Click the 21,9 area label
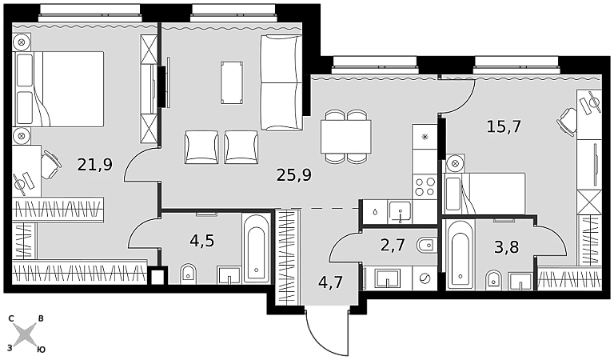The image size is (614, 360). pos(95,165)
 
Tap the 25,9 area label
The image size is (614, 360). pos(294,175)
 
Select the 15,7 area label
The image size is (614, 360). pos(504,126)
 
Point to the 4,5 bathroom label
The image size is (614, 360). pos(202,241)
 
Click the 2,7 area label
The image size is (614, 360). pos(393,246)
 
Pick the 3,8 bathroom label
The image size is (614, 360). pos(506,247)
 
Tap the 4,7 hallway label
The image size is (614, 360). pos(330,282)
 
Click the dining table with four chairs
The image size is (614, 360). pos(346,136)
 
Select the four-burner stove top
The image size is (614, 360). pos(425,186)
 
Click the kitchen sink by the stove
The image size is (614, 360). pos(400,212)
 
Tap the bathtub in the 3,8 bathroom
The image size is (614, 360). pos(460,255)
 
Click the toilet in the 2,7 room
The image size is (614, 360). pos(427,246)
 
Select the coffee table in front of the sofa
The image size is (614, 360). pos(232,82)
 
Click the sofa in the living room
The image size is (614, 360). pos(281,82)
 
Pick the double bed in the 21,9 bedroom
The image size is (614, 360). pos(59,89)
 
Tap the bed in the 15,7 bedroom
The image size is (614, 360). pos(484,194)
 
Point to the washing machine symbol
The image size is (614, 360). pos(424,279)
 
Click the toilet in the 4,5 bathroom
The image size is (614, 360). pos(189,274)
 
